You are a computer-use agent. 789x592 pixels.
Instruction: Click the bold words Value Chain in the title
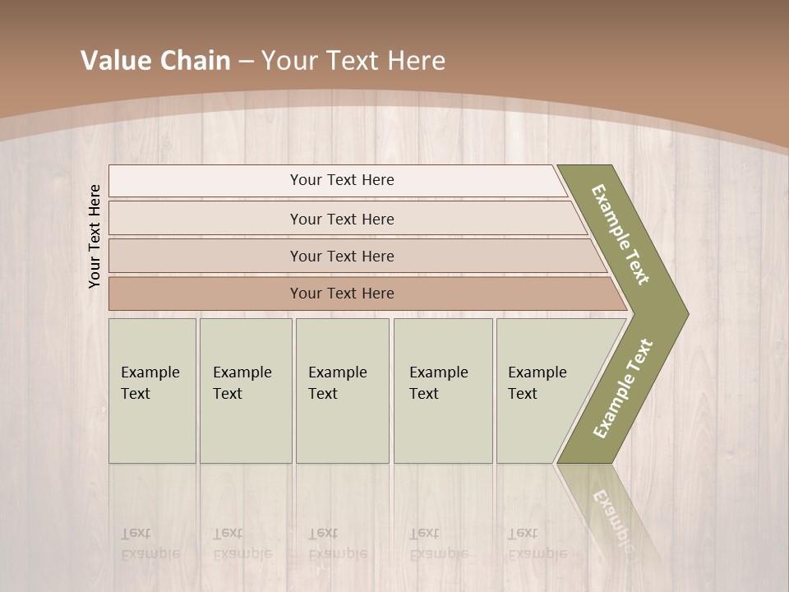coord(155,61)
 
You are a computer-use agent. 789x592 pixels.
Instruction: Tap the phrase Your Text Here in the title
coord(353,61)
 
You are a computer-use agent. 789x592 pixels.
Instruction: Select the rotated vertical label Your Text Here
coord(95,236)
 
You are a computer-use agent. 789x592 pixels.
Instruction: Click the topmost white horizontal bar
coord(205,181)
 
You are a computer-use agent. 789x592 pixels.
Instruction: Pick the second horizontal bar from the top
coord(205,219)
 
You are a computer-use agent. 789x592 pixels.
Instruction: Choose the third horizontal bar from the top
coord(205,256)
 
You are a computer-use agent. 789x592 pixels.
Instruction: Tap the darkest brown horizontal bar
coord(205,294)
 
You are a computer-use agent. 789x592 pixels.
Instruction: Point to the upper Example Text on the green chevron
coord(621,234)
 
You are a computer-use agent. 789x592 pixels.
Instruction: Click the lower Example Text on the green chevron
coord(622,389)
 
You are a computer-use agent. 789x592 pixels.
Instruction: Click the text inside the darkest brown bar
coord(342,294)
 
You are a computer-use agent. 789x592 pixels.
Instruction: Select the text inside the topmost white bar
coord(342,180)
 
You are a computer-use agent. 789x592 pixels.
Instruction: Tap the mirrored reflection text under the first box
coord(150,543)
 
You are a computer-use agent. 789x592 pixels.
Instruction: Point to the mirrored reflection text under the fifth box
coord(537,543)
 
